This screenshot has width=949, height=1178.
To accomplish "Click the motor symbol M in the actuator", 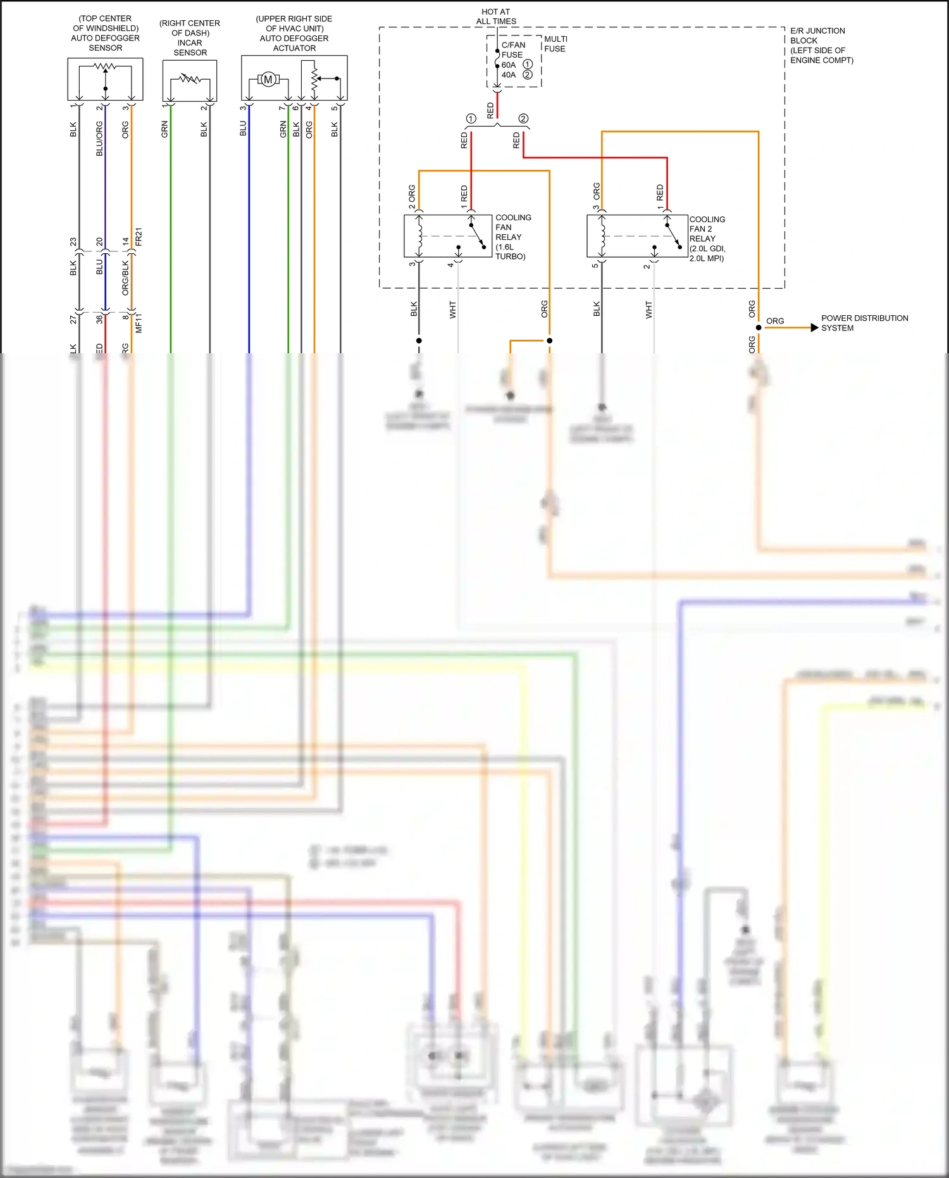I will tap(268, 80).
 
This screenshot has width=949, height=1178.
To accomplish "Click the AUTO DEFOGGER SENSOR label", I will tap(105, 42).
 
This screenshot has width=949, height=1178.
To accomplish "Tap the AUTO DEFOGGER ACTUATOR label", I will tap(294, 43).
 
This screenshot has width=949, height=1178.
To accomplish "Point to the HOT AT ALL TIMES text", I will tap(496, 16).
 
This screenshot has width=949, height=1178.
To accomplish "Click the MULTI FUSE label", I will tap(555, 44).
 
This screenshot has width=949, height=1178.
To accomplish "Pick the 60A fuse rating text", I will tap(509, 65).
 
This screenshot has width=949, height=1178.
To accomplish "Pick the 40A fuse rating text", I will tap(509, 75).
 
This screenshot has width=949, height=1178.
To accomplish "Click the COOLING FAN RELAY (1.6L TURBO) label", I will tap(512, 237).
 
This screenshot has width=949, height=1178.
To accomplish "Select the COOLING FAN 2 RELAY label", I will tap(707, 239).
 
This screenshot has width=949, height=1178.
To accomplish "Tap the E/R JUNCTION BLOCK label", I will tap(821, 45).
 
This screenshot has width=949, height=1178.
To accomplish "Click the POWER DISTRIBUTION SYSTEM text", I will tap(864, 323).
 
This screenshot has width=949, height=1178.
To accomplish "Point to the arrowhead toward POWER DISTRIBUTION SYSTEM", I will tap(814, 328).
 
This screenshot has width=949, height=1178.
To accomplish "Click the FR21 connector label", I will tap(139, 237).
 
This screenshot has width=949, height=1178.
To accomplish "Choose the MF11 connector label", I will tap(139, 323).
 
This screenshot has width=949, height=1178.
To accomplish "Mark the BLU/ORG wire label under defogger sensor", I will tap(99, 139).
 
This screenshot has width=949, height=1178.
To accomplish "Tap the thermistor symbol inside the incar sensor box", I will tap(190, 79).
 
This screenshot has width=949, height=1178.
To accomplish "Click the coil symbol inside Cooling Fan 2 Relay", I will tap(603, 236).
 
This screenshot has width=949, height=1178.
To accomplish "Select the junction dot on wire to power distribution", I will tap(759, 328).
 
